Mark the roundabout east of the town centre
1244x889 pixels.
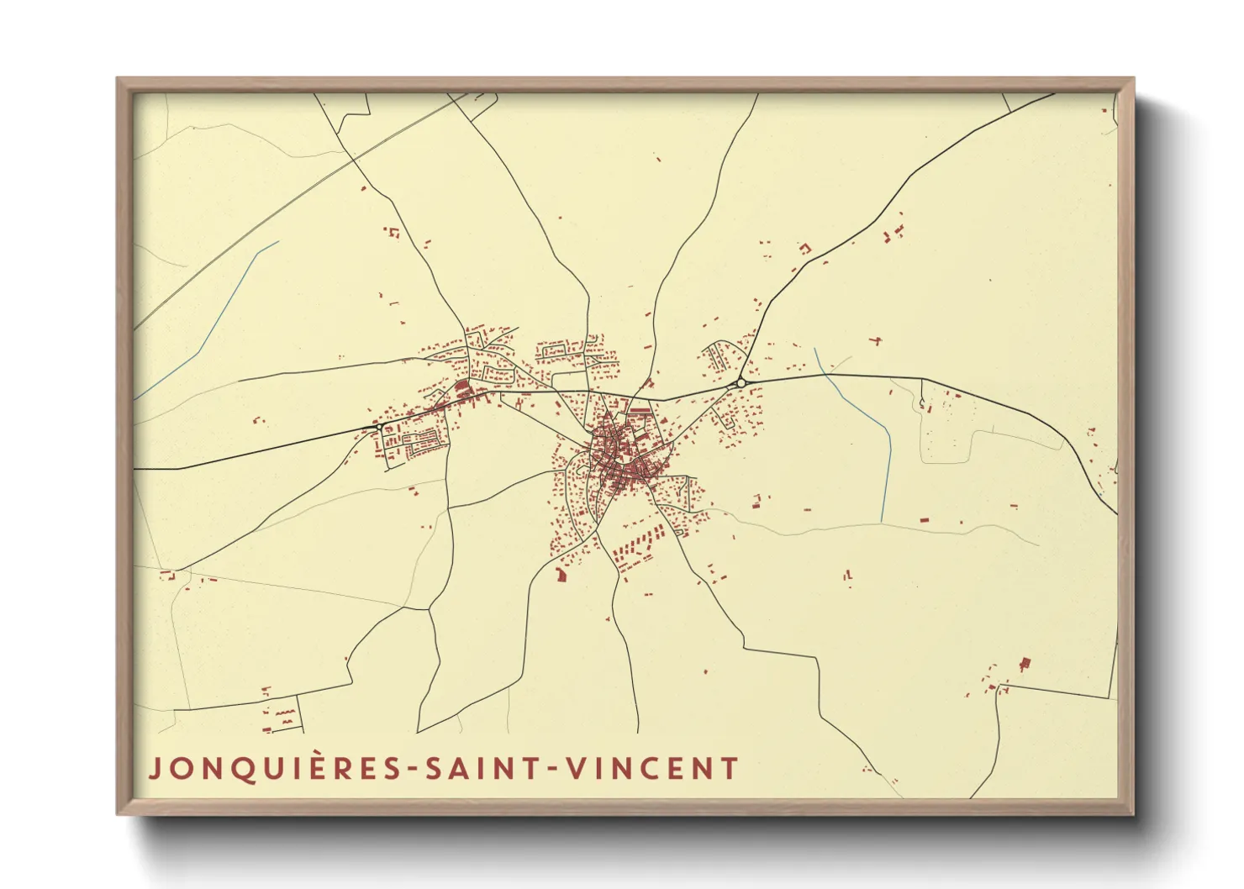click(741, 383)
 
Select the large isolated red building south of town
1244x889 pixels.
click(561, 575)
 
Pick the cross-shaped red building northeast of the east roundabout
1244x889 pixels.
click(877, 340)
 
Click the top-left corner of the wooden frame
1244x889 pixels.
click(119, 80)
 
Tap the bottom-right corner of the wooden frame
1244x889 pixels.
click(1132, 813)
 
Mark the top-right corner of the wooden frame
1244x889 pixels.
click(1132, 80)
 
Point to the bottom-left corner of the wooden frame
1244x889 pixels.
click(119, 813)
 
